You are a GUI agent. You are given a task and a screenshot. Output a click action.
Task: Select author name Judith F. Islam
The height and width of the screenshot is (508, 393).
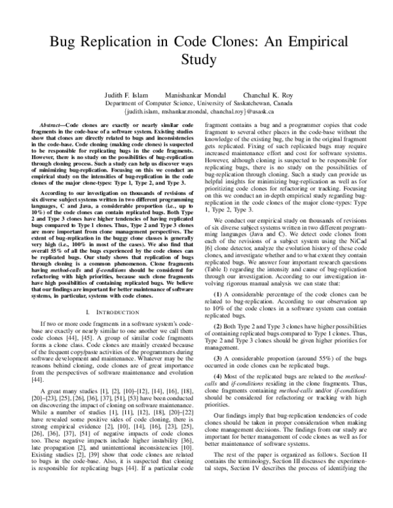(x=125, y=95)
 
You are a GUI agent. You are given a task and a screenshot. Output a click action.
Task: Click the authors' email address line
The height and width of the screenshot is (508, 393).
(x=196, y=111)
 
